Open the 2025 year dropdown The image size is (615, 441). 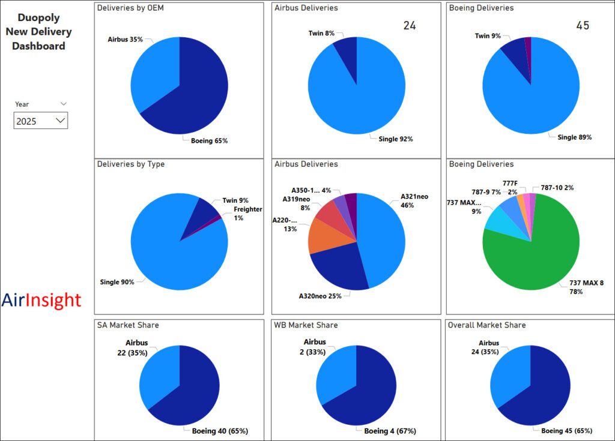point(41,121)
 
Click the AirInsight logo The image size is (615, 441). point(41,300)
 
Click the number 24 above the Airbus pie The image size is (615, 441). point(410,25)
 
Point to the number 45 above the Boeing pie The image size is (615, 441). point(583,25)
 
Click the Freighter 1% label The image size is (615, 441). point(240,214)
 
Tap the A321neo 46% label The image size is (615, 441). point(414,200)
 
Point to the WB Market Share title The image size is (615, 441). point(306,325)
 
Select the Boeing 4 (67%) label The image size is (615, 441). point(390,431)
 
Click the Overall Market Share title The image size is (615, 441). point(487,325)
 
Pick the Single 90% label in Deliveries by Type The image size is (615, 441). point(117,282)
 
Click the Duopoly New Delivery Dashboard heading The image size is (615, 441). point(39,32)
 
